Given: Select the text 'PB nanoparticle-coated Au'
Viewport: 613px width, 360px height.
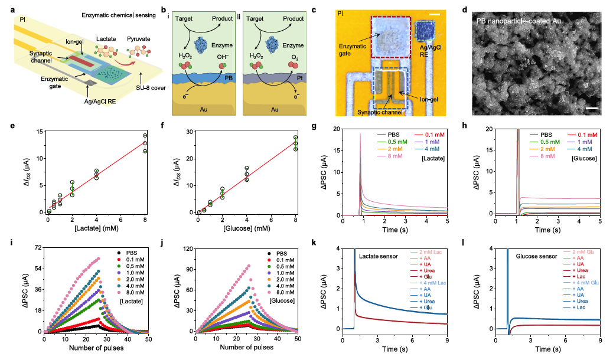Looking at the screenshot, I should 519,21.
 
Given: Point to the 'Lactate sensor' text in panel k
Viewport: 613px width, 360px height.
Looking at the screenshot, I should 378,257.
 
